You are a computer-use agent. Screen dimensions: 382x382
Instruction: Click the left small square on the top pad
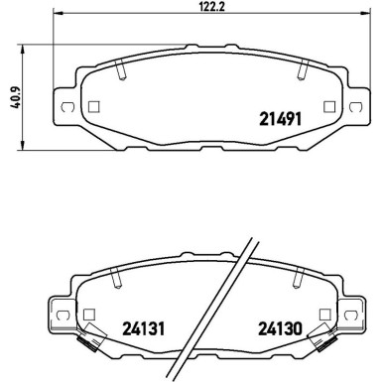pyautogui.click(x=93, y=107)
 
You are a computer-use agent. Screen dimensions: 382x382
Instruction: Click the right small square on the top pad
pyautogui.click(x=328, y=107)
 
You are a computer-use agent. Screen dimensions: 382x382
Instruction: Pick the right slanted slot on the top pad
pyautogui.click(x=301, y=70)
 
